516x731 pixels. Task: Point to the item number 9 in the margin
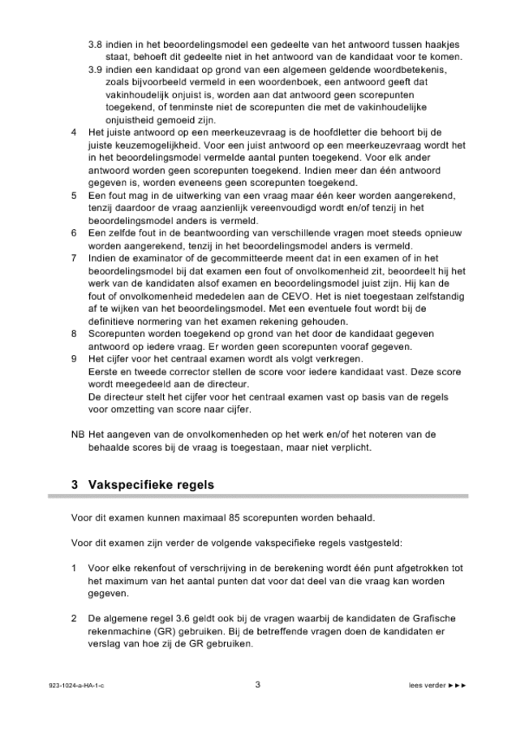coord(75,358)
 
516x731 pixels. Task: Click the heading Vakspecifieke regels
coord(154,485)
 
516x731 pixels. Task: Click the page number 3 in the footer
coord(257,685)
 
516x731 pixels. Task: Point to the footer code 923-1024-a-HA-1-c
coord(77,686)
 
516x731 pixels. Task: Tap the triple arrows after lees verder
coord(458,686)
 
